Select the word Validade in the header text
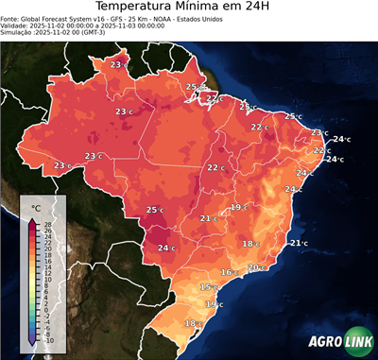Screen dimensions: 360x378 [15, 28]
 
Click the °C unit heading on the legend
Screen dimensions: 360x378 [36, 207]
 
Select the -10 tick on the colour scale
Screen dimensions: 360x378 [48, 340]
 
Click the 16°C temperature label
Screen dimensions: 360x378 [227, 272]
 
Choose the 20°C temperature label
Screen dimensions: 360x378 [254, 267]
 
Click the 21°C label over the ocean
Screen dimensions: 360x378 [298, 243]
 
